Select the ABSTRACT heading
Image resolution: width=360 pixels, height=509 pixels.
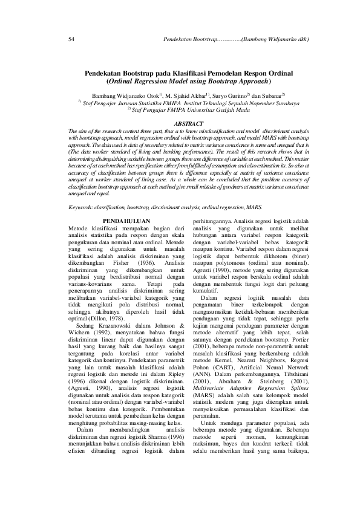coord(180,123)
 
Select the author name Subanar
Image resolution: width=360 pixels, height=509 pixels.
coord(273,96)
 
